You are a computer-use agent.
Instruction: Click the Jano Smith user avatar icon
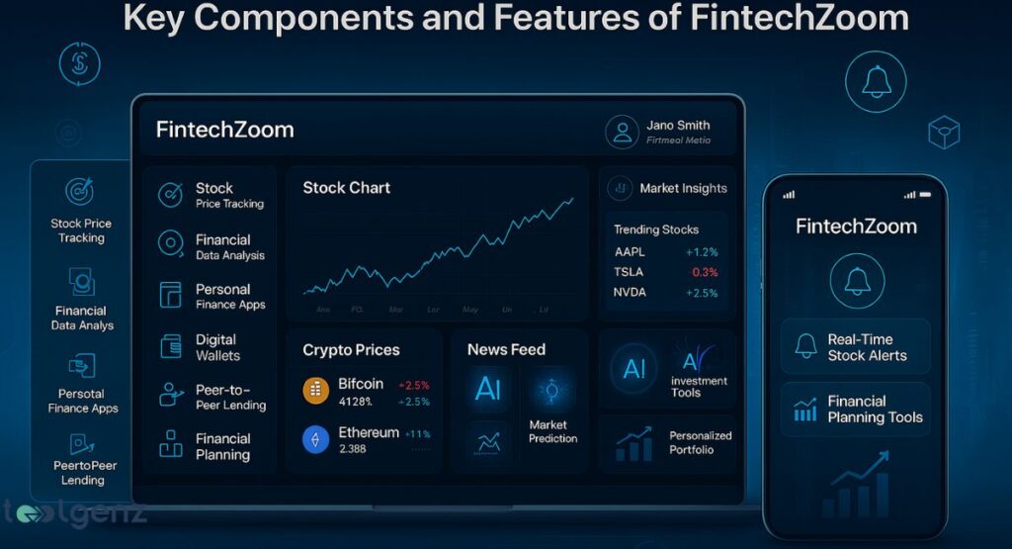coord(622,132)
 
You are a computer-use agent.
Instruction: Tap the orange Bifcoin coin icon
coord(316,391)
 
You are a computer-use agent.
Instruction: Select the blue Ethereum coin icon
coord(316,439)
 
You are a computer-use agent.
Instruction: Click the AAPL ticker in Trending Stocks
coord(631,251)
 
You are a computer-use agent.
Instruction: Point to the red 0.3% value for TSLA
coord(705,272)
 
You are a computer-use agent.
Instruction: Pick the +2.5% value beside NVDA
coord(702,293)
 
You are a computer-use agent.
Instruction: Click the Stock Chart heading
coord(346,188)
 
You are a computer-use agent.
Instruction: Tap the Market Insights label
coord(683,188)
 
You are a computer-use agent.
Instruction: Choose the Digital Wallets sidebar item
coord(217,347)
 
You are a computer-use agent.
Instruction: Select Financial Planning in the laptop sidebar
coord(222,446)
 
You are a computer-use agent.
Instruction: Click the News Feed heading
coord(506,349)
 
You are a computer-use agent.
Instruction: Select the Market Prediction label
coord(552,432)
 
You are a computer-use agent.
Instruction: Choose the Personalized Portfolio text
coord(701,442)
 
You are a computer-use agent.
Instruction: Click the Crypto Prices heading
coord(351,349)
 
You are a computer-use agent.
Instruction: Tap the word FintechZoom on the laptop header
coord(224,130)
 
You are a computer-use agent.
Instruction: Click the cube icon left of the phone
coord(944,133)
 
